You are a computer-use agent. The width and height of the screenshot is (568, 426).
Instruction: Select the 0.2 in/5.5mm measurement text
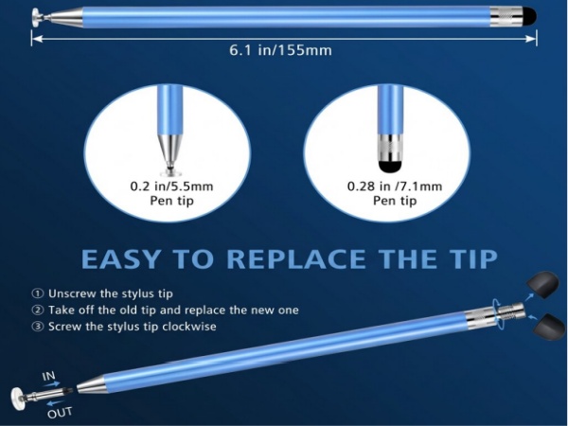pyautogui.click(x=170, y=186)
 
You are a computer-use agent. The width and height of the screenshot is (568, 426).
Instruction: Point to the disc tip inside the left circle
pyautogui.click(x=169, y=170)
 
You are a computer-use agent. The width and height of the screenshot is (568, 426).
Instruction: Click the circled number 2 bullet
pyautogui.click(x=38, y=310)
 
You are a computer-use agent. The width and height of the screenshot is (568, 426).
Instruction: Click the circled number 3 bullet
pyautogui.click(x=38, y=327)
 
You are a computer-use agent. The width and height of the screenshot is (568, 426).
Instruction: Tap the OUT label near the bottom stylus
pyautogui.click(x=59, y=412)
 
